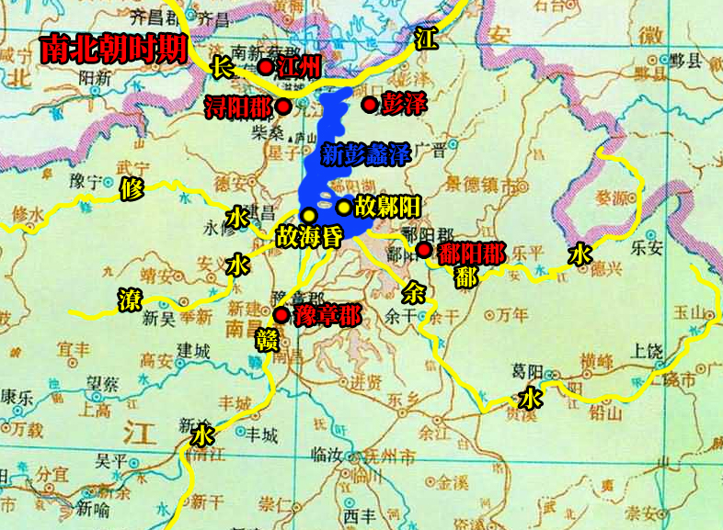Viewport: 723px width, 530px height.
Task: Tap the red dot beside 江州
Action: [265, 66]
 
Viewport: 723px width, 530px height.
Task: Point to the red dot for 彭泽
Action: [369, 105]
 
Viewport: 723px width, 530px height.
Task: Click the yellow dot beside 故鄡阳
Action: [343, 208]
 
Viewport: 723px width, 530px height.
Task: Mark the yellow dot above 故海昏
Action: [309, 215]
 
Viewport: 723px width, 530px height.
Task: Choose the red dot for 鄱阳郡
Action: [423, 250]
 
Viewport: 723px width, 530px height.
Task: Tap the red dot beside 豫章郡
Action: [281, 315]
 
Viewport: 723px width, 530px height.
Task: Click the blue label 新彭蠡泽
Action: [365, 154]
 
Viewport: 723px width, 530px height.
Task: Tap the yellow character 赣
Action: [266, 340]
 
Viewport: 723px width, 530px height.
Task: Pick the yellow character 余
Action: [414, 292]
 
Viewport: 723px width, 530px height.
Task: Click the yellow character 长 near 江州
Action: [222, 66]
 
